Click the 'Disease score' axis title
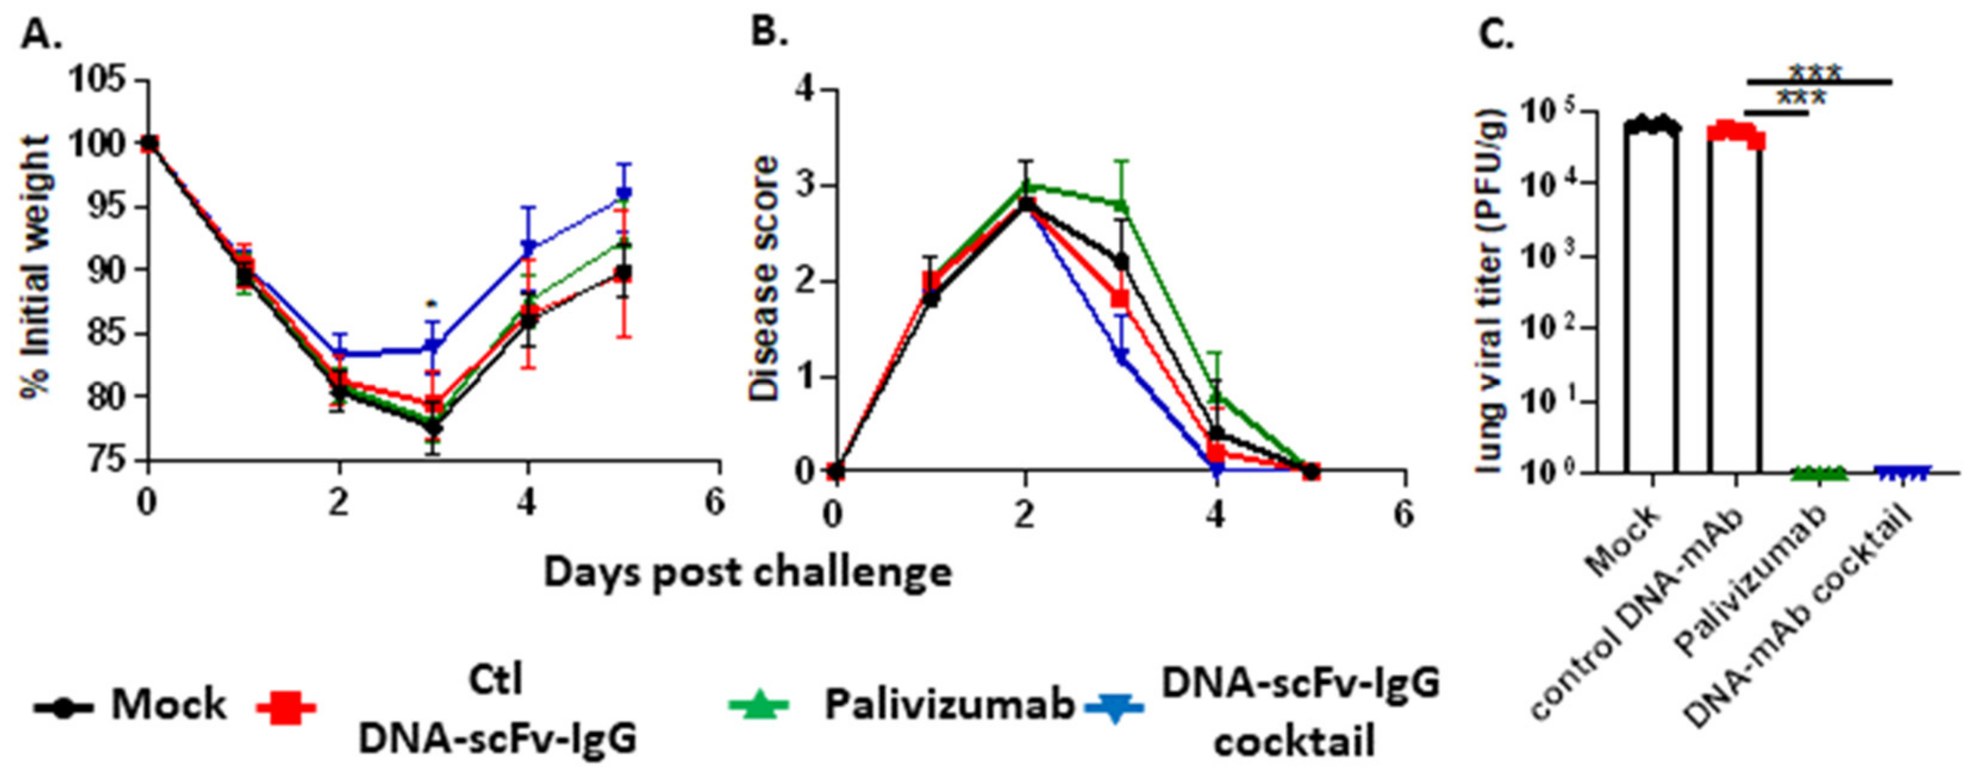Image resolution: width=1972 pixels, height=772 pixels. coord(763,279)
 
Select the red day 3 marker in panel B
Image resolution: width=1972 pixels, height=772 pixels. coord(1120,297)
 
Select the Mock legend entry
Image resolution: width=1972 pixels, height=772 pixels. coord(130,705)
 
